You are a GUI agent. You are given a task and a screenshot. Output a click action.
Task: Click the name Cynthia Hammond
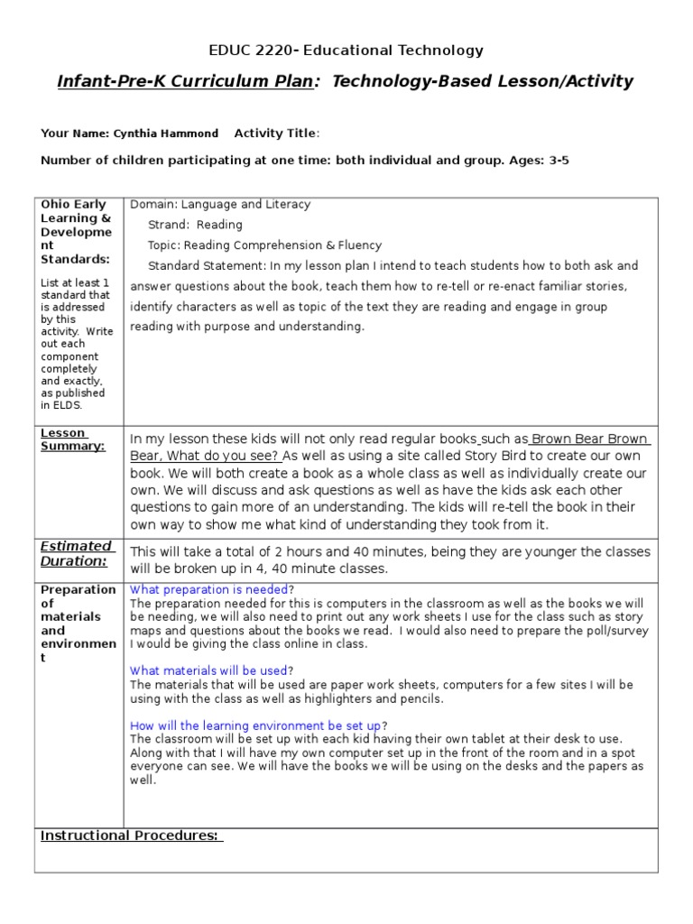pyautogui.click(x=166, y=134)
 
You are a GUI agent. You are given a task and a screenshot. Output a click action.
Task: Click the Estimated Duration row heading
pyautogui.click(x=77, y=553)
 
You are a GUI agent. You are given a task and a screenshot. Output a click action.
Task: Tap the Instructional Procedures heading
pyautogui.click(x=131, y=836)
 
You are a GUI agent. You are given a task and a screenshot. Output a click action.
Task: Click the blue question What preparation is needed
pyautogui.click(x=209, y=590)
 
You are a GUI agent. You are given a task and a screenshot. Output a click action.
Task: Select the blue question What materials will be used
pyautogui.click(x=209, y=671)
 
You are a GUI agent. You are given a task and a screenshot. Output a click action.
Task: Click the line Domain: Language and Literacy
pyautogui.click(x=220, y=205)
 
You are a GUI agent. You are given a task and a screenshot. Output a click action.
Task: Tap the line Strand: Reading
pyautogui.click(x=195, y=225)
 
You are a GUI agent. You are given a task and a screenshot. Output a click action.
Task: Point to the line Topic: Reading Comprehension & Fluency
pyautogui.click(x=264, y=245)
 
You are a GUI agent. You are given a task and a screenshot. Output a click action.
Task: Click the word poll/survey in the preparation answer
pyautogui.click(x=612, y=632)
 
